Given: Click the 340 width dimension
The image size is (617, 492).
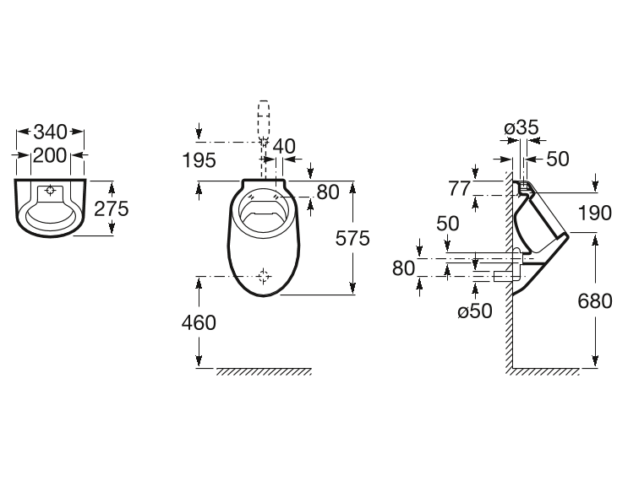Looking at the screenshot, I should pos(51,132).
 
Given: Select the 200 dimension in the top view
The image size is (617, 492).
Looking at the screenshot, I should pos(51,154).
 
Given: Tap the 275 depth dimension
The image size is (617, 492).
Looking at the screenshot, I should pos(111,208).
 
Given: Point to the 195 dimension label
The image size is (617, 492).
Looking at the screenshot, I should pos(199,159).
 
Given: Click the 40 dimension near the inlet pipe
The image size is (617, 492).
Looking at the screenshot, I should pos(284,146).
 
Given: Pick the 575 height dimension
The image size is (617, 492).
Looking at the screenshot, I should pos(352,238).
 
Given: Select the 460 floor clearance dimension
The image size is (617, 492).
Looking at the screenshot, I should pos(199,322).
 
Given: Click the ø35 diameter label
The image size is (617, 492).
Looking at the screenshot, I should pos(521,127).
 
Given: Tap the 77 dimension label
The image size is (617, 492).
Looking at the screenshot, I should pos(459,188).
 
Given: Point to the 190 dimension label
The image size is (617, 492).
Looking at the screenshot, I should pos(595,213).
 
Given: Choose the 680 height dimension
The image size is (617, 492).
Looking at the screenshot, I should pos(595,300).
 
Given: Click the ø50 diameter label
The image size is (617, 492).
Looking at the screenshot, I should pos(474,311).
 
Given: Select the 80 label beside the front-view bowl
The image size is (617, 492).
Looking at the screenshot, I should pos(326,192).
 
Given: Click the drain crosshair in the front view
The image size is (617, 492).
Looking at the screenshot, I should pos(265,275).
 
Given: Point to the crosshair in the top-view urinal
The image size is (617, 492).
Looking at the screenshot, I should pos(51,191).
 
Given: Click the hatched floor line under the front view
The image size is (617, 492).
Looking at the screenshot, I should pos(264,371).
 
